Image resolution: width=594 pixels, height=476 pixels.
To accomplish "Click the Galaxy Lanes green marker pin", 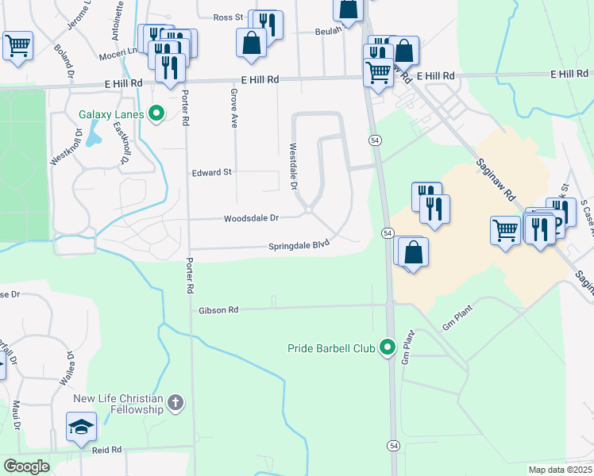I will (x=156, y=114).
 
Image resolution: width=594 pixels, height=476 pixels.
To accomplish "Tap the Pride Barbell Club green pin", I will (x=388, y=347).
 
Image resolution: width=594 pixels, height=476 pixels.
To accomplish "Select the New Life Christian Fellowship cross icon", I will (x=175, y=403).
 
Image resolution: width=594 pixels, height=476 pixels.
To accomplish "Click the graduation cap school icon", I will (x=82, y=428).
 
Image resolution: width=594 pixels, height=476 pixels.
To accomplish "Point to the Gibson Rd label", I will (x=219, y=309).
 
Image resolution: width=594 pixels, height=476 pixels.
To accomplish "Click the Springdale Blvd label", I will (x=299, y=244).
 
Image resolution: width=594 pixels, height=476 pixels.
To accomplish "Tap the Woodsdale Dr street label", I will (x=251, y=217).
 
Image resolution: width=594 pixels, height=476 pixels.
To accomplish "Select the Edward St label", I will (x=211, y=171).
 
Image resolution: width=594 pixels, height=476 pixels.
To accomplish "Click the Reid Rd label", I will (x=106, y=449).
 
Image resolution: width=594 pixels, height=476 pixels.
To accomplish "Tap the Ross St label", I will (x=227, y=17).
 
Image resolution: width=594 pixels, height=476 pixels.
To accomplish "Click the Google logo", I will (x=26, y=466).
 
